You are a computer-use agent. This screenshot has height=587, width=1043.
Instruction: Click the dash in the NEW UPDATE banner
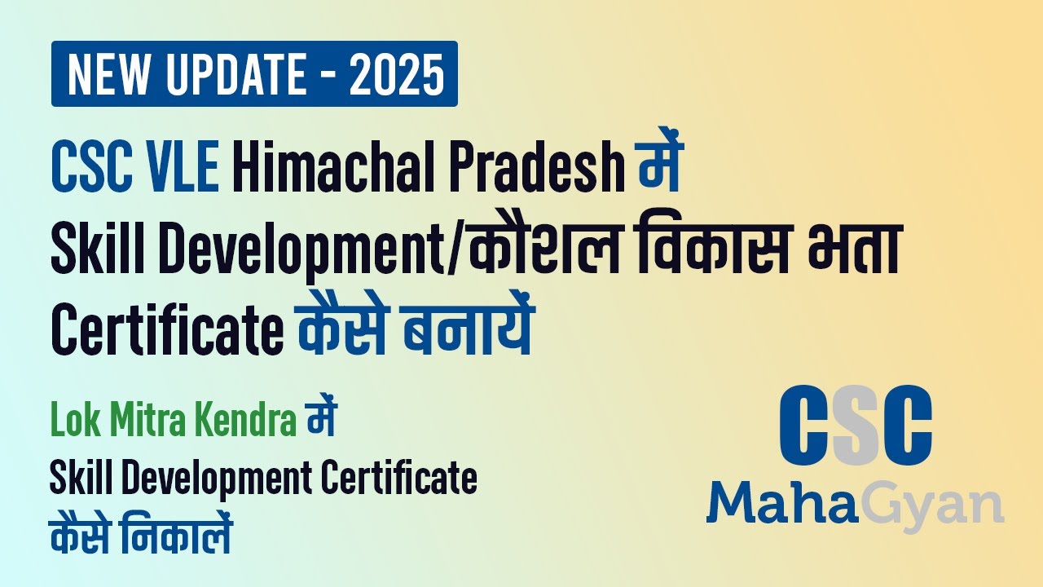click(323, 76)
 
